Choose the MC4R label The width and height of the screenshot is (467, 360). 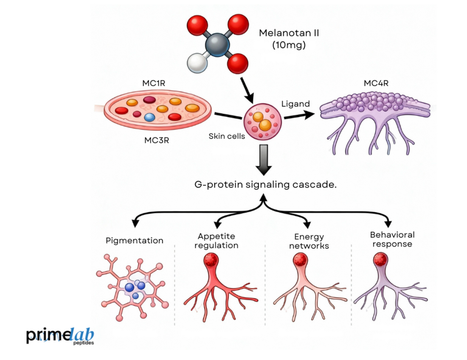[376, 83]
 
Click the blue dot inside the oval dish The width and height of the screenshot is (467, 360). [149, 117]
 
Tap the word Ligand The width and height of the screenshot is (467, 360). [295, 104]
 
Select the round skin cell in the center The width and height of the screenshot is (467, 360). [262, 122]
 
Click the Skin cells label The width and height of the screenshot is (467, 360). [226, 136]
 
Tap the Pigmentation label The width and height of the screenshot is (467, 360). [134, 240]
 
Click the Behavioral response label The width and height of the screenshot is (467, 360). [392, 239]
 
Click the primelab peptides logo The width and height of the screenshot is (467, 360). [59, 335]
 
